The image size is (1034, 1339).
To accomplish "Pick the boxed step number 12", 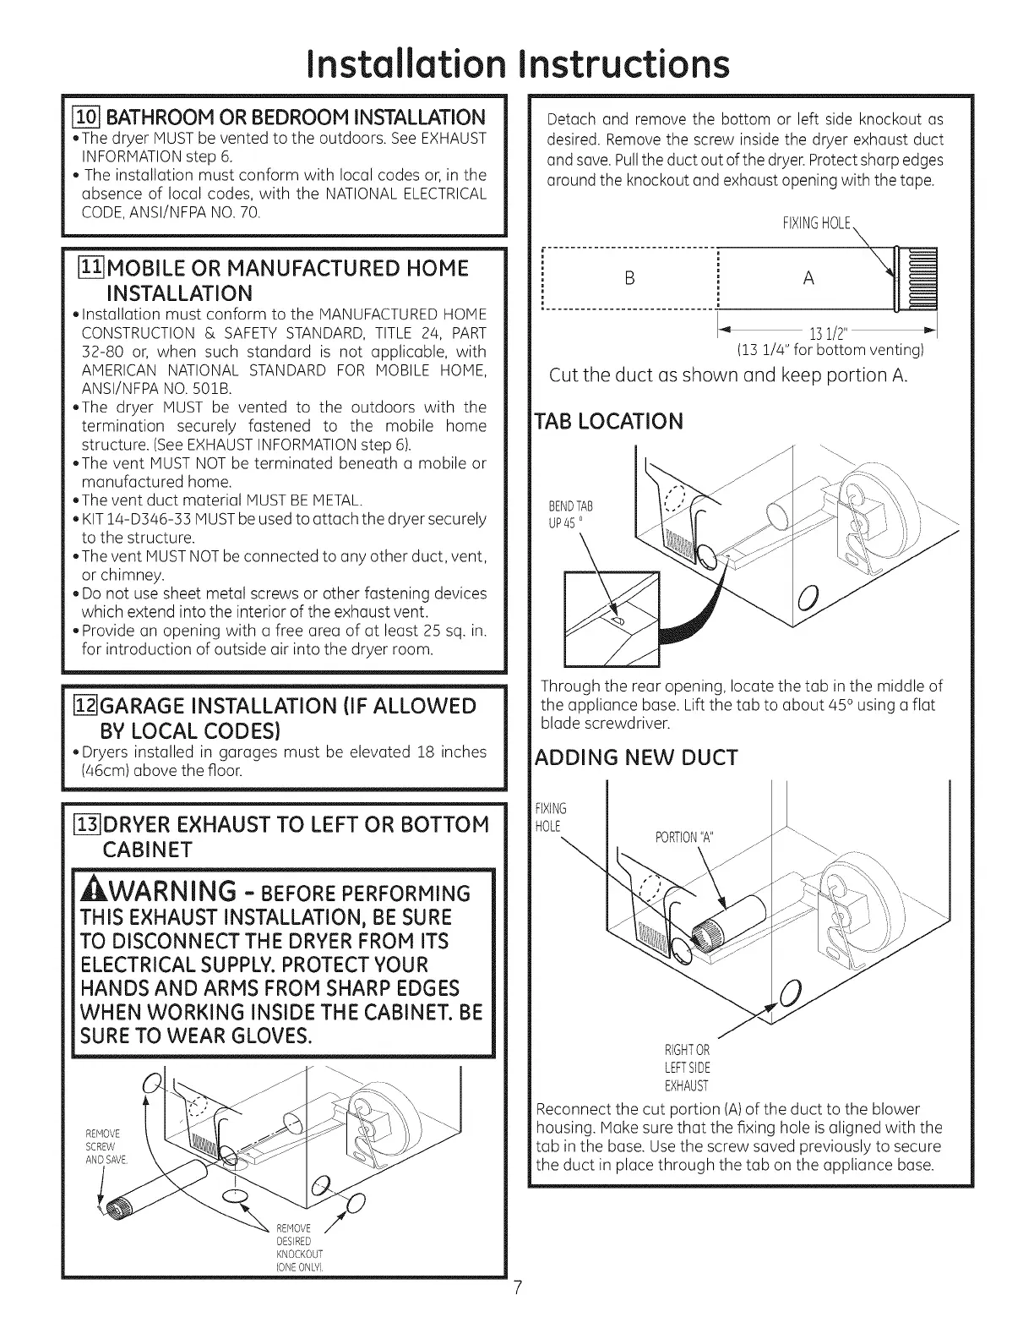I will (x=86, y=705).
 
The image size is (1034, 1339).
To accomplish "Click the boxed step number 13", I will (x=86, y=824).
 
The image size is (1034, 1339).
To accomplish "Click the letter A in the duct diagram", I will (x=808, y=278).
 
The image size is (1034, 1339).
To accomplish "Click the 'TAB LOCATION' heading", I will (x=609, y=421).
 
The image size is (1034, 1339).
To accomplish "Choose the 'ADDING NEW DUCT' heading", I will (x=637, y=757).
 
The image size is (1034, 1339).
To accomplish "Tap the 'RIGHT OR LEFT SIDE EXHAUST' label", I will (x=687, y=1068).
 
